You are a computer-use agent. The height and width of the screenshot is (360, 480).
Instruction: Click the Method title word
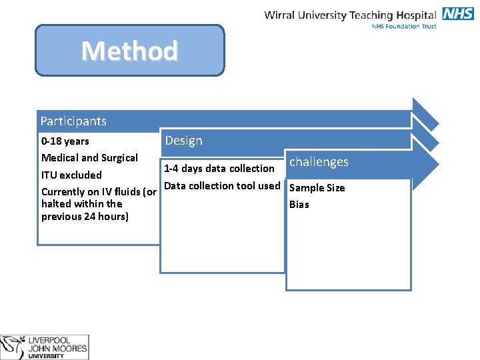point(129,51)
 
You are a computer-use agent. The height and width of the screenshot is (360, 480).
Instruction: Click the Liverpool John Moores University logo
point(44,347)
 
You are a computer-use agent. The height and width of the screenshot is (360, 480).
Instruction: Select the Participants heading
point(73,121)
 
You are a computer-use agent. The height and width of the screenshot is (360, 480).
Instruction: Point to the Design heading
point(183,141)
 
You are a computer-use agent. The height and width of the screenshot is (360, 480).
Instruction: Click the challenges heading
point(319,162)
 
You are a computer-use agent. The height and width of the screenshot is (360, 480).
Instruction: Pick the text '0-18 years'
point(65,141)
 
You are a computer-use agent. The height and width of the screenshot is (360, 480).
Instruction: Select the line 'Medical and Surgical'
point(89,158)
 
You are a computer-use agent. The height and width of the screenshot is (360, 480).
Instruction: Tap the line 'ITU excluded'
point(71,175)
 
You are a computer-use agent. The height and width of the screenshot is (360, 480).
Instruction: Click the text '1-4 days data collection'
point(219,169)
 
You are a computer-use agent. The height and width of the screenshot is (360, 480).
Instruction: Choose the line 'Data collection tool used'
point(222,186)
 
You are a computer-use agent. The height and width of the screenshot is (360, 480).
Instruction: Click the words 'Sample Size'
point(317,188)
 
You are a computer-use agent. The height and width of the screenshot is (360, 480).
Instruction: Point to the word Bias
point(299,205)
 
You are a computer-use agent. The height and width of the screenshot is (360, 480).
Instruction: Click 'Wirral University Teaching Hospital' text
point(350,15)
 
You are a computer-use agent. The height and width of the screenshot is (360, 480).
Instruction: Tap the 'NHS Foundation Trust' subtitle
point(404,26)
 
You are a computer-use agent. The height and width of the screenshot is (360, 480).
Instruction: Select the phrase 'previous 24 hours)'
point(85,217)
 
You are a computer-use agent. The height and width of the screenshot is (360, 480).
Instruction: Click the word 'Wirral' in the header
point(280,15)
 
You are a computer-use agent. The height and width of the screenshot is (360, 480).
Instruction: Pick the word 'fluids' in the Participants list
point(122,192)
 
